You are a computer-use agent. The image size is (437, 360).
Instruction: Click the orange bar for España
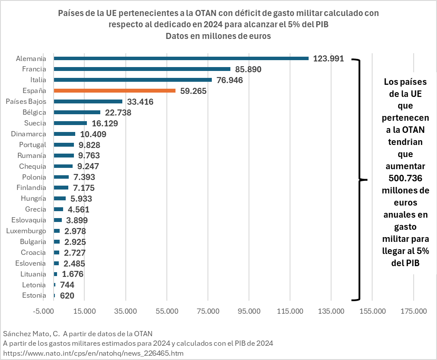(115, 90)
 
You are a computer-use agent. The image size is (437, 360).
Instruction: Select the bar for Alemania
(181, 58)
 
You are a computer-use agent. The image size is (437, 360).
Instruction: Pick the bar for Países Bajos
(88, 101)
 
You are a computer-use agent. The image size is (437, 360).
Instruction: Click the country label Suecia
(35, 123)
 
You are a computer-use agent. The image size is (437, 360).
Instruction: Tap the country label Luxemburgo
(26, 231)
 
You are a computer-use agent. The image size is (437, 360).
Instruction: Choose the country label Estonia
(34, 296)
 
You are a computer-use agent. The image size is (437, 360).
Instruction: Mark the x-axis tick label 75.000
(208, 311)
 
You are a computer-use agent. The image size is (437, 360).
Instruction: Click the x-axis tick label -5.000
(44, 311)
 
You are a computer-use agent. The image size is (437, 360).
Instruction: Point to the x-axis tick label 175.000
(413, 311)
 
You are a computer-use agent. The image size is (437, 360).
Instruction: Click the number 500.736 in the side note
(405, 178)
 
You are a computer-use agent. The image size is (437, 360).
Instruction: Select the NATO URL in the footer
(93, 353)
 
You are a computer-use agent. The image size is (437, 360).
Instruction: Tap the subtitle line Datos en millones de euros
(218, 36)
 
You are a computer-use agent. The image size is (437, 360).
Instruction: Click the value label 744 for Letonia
(67, 285)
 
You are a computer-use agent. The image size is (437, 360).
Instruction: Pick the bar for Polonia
(61, 177)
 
